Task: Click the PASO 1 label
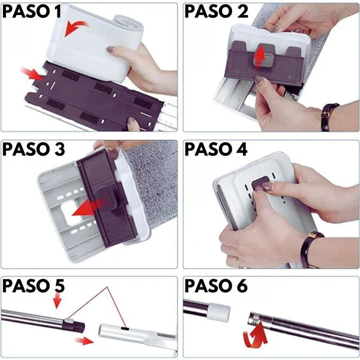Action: click(32, 12)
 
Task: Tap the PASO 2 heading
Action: click(217, 11)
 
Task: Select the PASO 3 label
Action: click(34, 149)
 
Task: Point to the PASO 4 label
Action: click(216, 149)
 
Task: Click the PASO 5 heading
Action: click(34, 286)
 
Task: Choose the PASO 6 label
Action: click(216, 286)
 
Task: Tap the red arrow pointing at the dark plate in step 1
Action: click(32, 74)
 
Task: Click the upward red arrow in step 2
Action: click(260, 56)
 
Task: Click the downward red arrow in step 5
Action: click(57, 301)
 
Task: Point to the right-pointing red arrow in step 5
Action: click(84, 341)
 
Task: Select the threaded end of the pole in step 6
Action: click(256, 318)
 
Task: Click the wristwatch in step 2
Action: click(329, 117)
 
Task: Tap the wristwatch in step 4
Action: click(310, 249)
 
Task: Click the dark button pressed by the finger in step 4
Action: click(260, 183)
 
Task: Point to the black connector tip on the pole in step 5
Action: click(74, 326)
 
